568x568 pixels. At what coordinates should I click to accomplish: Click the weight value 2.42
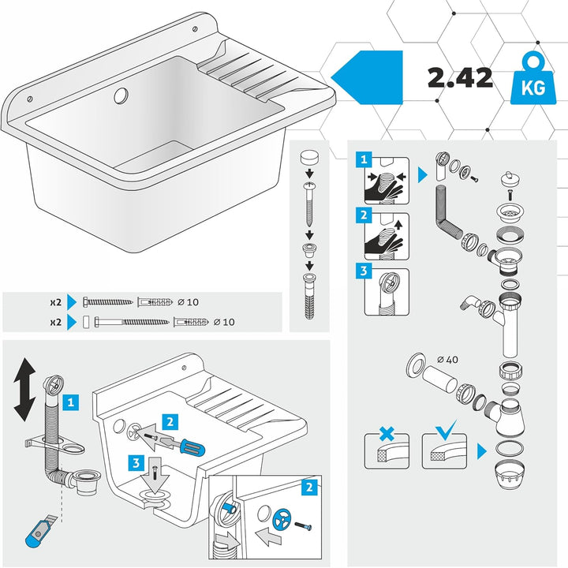pos(460,78)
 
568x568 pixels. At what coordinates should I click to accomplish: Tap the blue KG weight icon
pos(532,79)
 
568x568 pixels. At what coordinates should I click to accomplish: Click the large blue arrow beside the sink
pos(367,77)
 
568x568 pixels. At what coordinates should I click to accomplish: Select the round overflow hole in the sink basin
pos(121,95)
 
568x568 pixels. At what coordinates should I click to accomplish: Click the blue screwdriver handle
pos(192,447)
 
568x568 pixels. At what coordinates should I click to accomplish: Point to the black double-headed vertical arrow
pos(24,390)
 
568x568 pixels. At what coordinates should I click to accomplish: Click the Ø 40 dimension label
pos(447,360)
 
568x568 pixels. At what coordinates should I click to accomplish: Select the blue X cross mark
pos(387,433)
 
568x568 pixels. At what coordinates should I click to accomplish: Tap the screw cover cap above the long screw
pos(309,158)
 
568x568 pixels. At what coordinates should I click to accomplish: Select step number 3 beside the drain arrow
pos(136,463)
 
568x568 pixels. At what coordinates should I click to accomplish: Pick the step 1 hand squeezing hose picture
pos(387,181)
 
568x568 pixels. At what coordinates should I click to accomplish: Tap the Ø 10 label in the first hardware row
pos(188,301)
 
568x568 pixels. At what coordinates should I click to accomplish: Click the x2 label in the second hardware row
pos(55,322)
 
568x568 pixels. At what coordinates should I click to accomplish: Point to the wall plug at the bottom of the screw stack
pos(309,297)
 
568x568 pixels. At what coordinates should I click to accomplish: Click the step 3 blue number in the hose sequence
pos(364,271)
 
